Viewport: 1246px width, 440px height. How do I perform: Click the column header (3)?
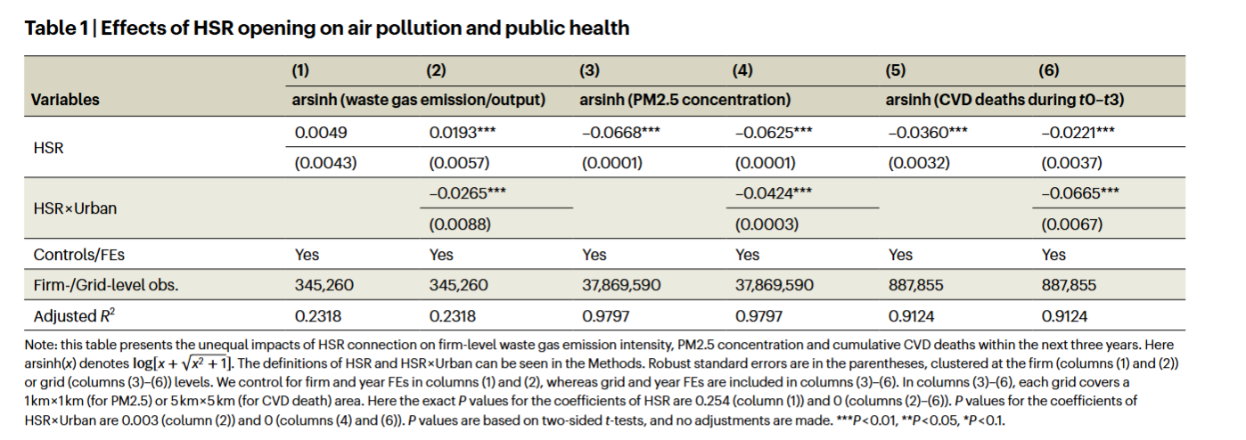pos(590,70)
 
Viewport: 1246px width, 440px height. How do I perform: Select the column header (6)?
pos(1048,70)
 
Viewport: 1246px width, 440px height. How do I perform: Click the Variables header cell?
pos(65,100)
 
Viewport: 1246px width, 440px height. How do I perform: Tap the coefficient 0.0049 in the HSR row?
pos(321,133)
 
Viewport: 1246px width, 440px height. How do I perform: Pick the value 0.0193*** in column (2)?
pos(463,133)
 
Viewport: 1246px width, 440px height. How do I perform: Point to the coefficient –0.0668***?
pos(621,133)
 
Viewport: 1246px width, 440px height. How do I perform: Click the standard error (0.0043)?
pos(325,163)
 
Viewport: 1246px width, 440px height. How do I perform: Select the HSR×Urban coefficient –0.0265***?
pos(468,193)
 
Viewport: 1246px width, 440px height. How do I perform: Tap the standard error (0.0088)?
pos(460,224)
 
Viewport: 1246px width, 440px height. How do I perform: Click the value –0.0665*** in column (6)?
pos(1080,193)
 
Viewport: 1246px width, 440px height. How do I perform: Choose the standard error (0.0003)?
pos(766,224)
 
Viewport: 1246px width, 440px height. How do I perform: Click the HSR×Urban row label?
pos(75,208)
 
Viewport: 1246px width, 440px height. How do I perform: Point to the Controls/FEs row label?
pos(79,255)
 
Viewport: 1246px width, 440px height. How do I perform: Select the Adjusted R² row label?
pos(74,315)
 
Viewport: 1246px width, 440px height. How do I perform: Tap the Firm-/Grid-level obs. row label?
pos(106,286)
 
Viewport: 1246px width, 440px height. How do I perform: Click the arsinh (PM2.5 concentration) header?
pos(684,100)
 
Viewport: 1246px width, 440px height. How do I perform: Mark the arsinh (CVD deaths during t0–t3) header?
pos(1004,100)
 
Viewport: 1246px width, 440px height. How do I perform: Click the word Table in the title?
pos(51,29)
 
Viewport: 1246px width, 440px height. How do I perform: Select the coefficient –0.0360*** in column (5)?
pos(928,133)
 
